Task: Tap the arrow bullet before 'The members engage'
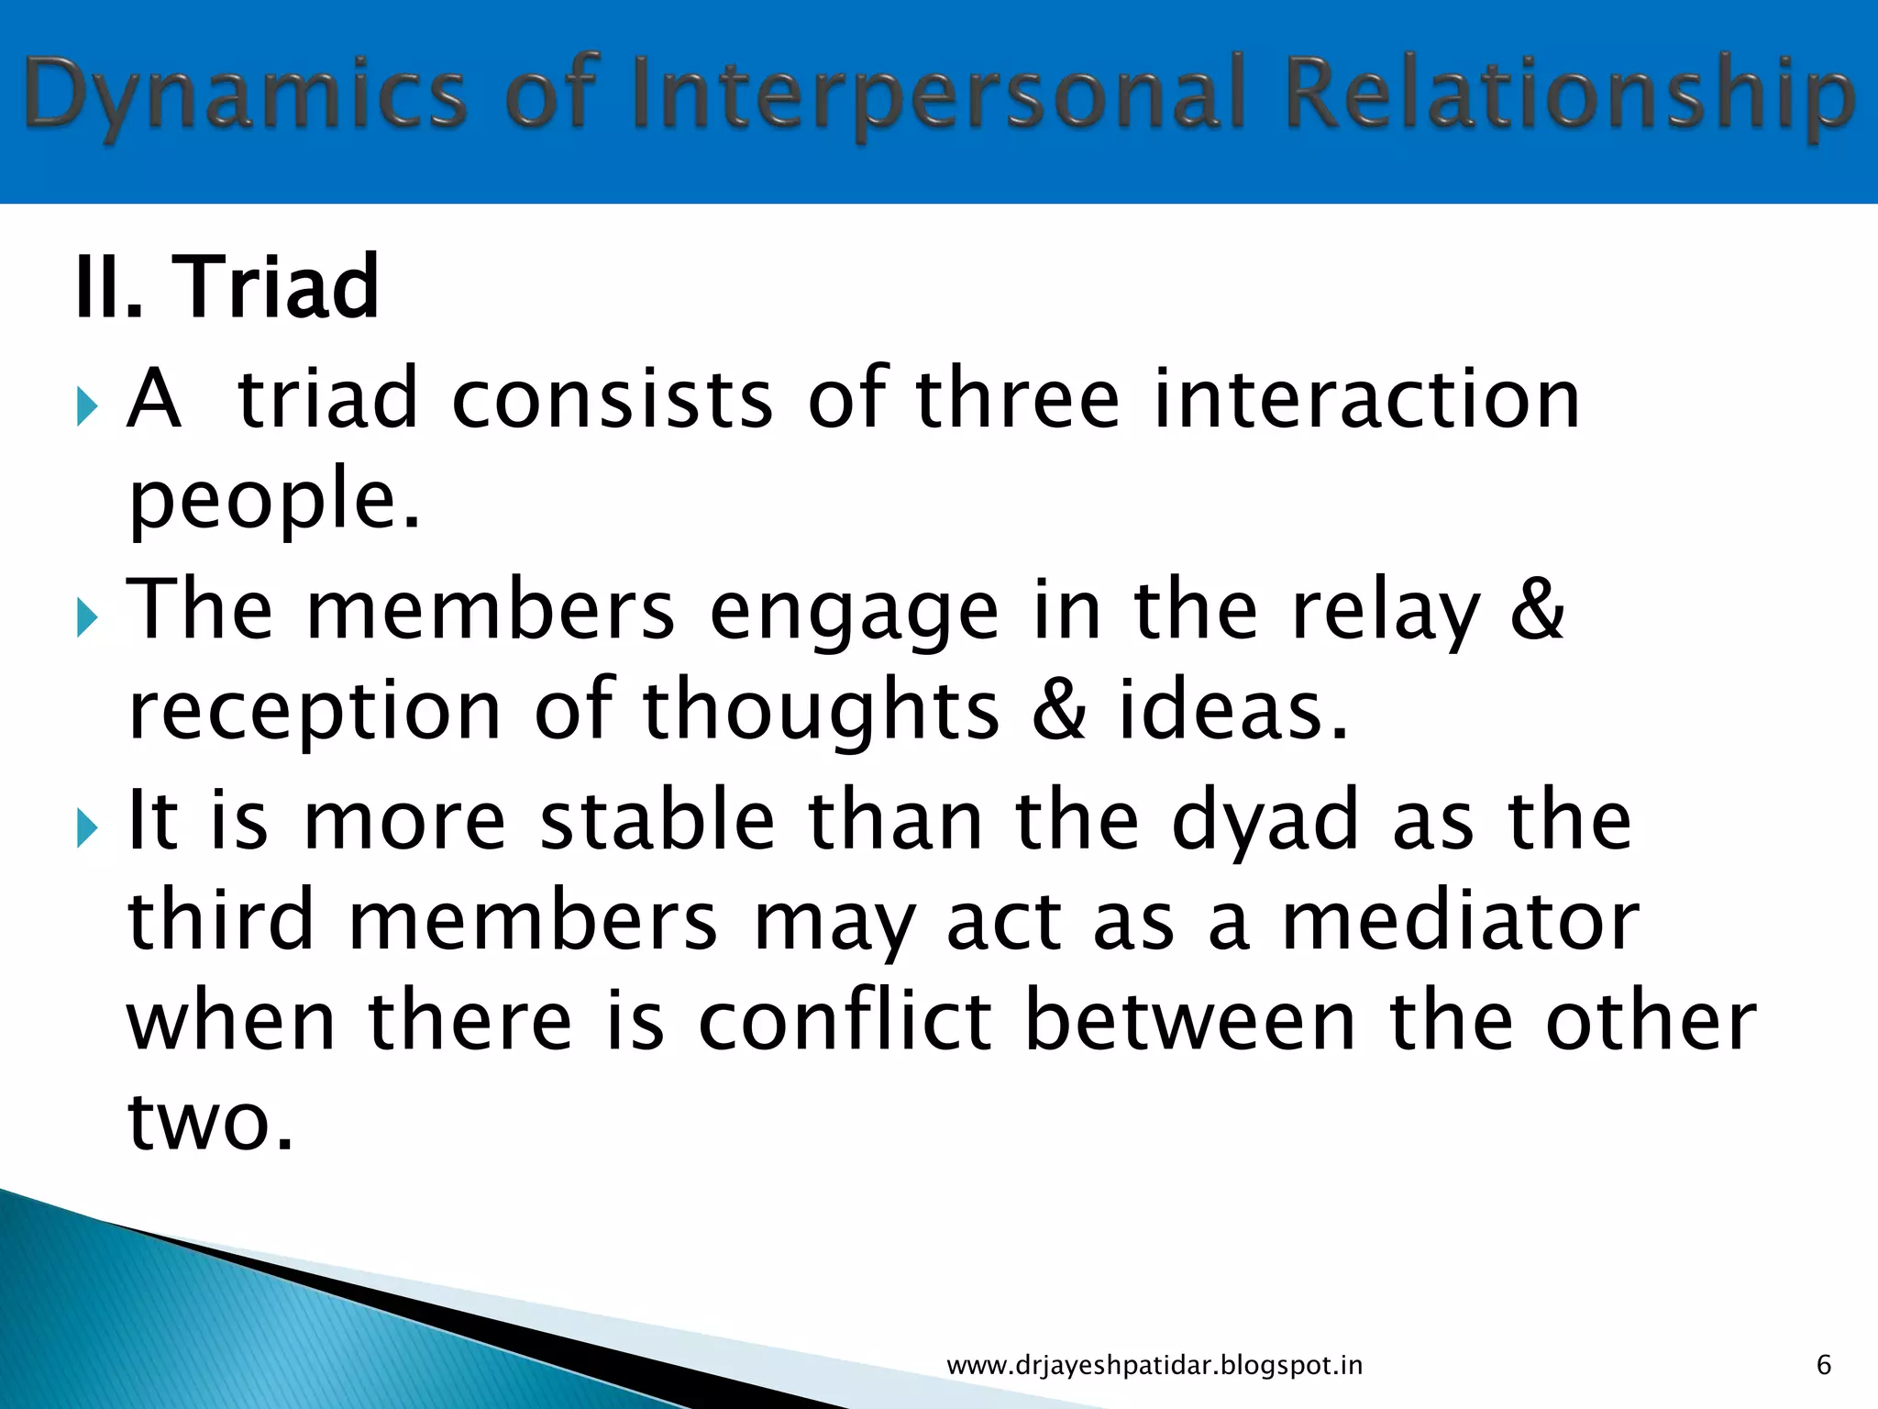click(x=86, y=617)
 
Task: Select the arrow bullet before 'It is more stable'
click(x=86, y=827)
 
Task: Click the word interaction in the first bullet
click(x=1366, y=399)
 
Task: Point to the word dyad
click(x=1265, y=822)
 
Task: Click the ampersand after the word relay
click(x=1537, y=610)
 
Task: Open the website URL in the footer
click(x=1154, y=1366)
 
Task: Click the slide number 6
click(x=1823, y=1365)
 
